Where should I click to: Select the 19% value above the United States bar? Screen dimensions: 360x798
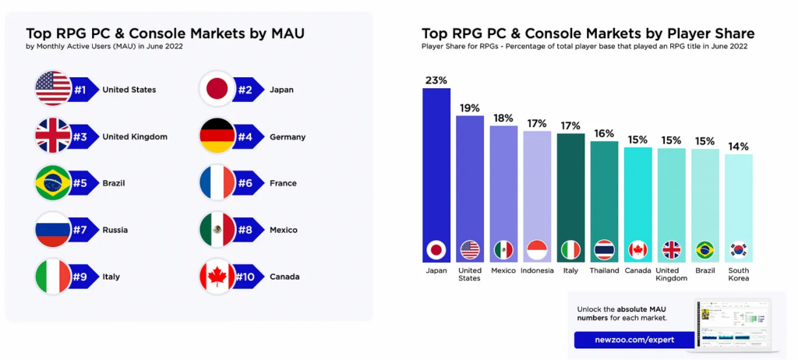[470, 108]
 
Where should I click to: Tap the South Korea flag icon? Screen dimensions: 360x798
[738, 250]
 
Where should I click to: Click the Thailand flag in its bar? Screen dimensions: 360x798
[604, 250]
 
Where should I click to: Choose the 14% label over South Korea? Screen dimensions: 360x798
[738, 146]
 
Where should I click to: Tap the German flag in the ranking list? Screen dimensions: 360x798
[217, 136]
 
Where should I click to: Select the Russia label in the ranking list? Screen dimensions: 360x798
[115, 230]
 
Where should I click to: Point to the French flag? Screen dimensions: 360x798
[217, 183]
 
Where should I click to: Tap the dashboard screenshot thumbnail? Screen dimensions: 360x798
[733, 323]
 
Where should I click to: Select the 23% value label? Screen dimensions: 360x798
[436, 80]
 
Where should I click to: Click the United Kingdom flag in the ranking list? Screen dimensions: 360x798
[53, 136]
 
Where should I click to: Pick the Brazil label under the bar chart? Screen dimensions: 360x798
[704, 270]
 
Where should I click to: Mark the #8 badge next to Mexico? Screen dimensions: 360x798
[248, 230]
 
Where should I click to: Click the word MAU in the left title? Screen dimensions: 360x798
[281, 34]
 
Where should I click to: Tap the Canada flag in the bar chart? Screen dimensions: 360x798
[637, 250]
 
